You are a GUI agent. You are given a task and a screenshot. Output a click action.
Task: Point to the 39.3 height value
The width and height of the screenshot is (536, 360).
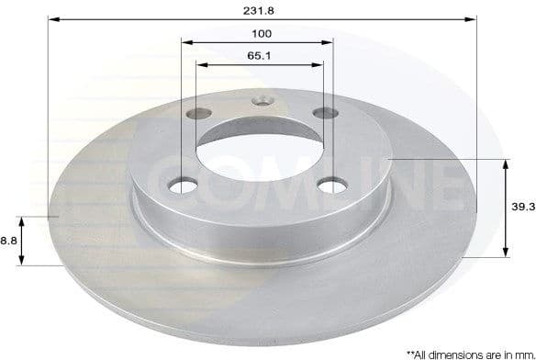pos(523,208)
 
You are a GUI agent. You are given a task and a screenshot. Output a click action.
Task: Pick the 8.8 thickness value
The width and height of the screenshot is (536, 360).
pos(9,240)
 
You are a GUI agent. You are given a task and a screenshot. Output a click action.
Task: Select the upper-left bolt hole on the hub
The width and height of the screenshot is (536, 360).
pos(195,114)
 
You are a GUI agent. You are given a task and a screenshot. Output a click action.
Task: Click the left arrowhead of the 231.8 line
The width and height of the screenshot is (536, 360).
pos(51,18)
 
